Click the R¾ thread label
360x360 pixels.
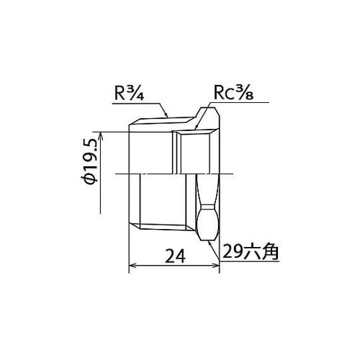[129, 93]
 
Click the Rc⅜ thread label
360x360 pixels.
[233, 93]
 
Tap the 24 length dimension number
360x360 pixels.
[176, 256]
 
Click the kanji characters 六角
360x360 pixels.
[261, 252]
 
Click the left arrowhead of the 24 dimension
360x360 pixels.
[132, 266]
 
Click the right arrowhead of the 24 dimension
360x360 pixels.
[215, 266]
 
